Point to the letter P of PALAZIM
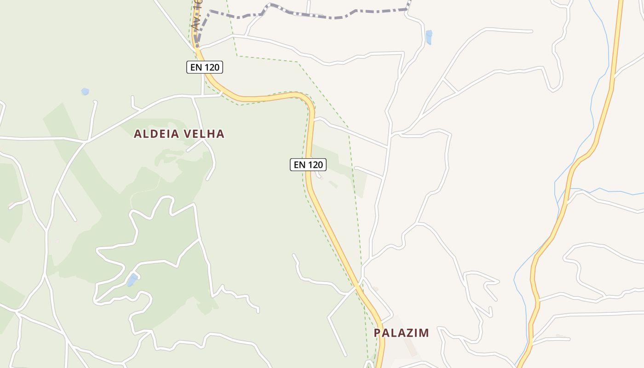pyautogui.click(x=377, y=333)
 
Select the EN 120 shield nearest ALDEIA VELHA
pyautogui.click(x=205, y=68)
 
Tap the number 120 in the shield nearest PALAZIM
pyautogui.click(x=315, y=165)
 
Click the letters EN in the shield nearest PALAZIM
pyautogui.click(x=299, y=165)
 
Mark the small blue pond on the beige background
pyautogui.click(x=429, y=37)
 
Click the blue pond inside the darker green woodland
pyautogui.click(x=132, y=280)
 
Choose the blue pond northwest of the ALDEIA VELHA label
pyautogui.click(x=85, y=92)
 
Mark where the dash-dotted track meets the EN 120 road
pyautogui.click(x=197, y=45)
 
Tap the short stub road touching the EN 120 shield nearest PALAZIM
pyautogui.click(x=318, y=174)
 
